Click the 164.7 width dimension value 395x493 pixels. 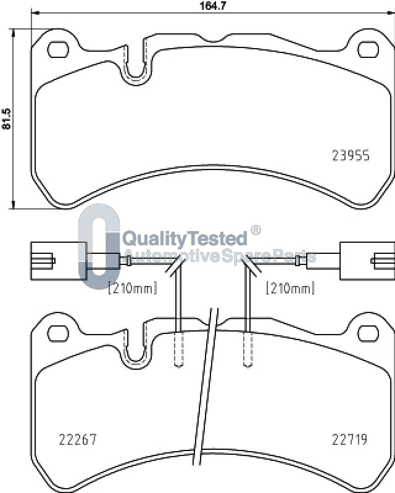pyautogui.click(x=213, y=6)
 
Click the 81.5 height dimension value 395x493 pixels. pyautogui.click(x=6, y=119)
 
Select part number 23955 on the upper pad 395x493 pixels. pyautogui.click(x=351, y=155)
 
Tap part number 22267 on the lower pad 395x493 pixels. pyautogui.click(x=78, y=439)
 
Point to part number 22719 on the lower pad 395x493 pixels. pyautogui.click(x=350, y=439)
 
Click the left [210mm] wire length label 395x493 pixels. pyautogui.click(x=132, y=288)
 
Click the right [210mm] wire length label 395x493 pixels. pyautogui.click(x=291, y=288)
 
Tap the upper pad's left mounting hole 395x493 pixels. pyautogui.click(x=58, y=50)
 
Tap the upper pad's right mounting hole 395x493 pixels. pyautogui.click(x=368, y=50)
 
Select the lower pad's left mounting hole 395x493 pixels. pyautogui.click(x=58, y=333)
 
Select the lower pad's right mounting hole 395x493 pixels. pyautogui.click(x=368, y=333)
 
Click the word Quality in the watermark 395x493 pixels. pyautogui.click(x=154, y=239)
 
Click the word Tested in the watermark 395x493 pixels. pyautogui.click(x=217, y=238)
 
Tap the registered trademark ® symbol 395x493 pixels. pyautogui.click(x=256, y=230)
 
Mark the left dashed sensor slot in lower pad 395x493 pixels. pyautogui.click(x=179, y=349)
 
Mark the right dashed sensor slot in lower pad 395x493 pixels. pyautogui.click(x=248, y=349)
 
